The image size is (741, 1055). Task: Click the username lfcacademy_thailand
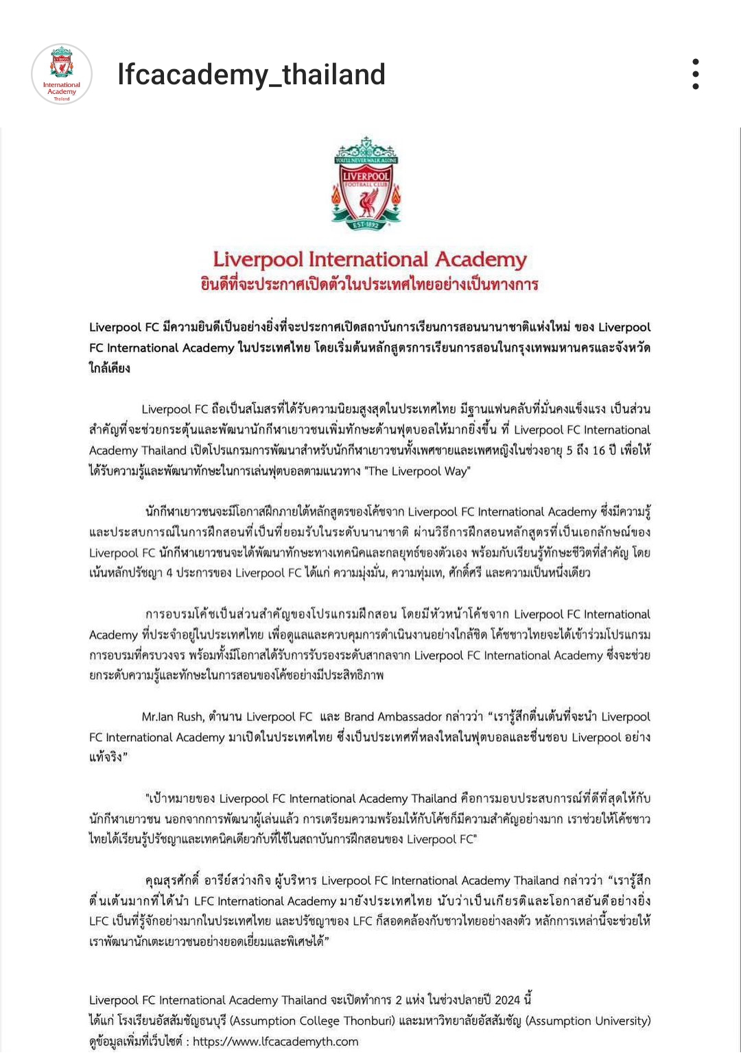[251, 75]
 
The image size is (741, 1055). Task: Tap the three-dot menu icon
[696, 74]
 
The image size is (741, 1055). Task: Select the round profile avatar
[62, 74]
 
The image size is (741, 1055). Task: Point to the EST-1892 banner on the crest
[366, 223]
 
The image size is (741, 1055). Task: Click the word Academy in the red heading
[481, 260]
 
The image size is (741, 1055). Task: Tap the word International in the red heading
[368, 260]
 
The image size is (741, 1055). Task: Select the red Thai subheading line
[369, 284]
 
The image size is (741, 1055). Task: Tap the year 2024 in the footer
[508, 1000]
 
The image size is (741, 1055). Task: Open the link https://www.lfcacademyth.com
[275, 1041]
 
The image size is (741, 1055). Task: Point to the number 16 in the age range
[599, 450]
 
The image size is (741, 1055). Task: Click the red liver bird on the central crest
[367, 200]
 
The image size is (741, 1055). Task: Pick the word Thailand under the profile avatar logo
[62, 99]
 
